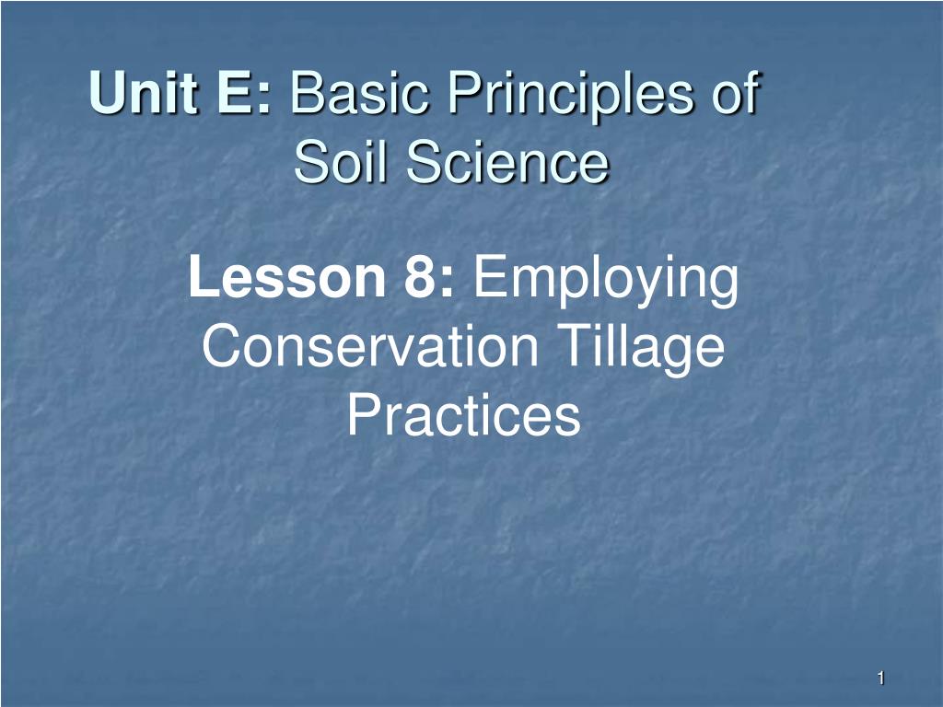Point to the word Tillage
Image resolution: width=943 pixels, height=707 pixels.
[645, 349]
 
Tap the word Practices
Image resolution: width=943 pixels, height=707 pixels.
[463, 416]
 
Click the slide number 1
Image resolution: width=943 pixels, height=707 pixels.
[880, 679]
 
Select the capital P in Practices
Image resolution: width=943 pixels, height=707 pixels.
[361, 416]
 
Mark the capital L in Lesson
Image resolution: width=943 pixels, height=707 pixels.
[201, 278]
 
